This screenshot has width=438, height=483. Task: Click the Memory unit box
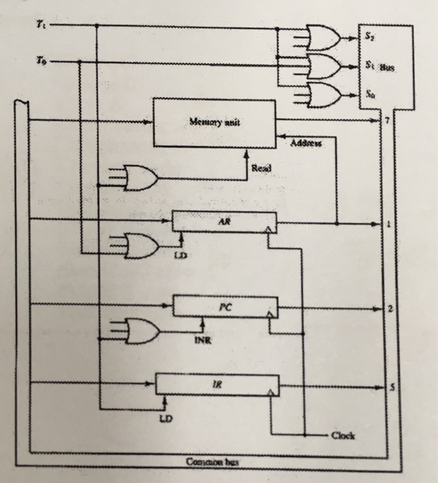coord(215,123)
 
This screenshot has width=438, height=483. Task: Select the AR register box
coord(223,222)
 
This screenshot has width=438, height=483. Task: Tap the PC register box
coord(225,306)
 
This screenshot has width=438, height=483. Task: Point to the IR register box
coord(217,385)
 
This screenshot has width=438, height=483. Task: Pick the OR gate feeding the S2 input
coord(322,38)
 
